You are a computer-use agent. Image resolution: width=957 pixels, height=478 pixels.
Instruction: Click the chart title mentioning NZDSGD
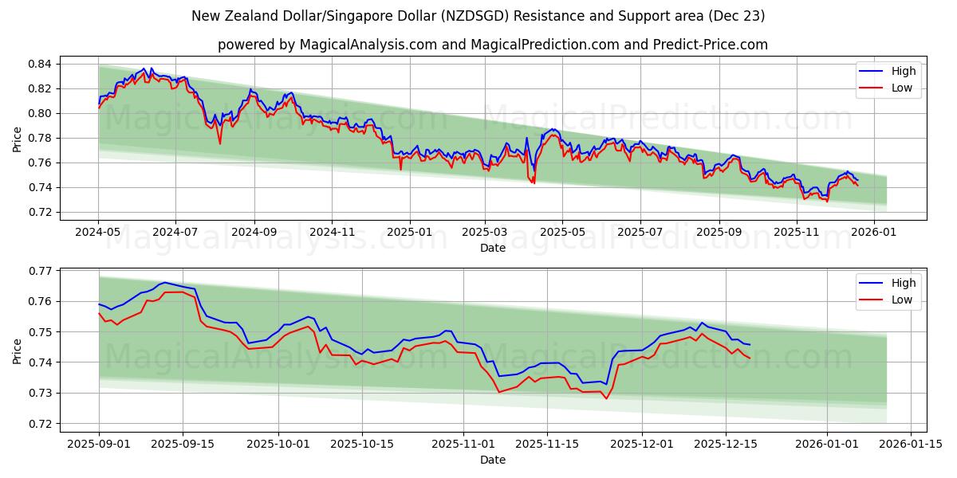tap(478, 16)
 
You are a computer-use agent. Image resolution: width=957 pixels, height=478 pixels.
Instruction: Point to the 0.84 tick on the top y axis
tap(40, 64)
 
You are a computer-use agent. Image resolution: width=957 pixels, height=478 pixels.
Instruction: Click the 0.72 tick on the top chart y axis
tap(40, 212)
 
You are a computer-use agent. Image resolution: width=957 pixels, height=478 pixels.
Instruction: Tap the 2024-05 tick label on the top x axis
tap(98, 232)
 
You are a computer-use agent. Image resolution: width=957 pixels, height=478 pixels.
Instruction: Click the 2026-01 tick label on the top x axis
tap(874, 232)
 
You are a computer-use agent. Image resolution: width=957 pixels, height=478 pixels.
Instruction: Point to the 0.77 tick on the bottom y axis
tap(40, 271)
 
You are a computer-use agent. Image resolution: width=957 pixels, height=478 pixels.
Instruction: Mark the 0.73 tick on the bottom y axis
tap(40, 393)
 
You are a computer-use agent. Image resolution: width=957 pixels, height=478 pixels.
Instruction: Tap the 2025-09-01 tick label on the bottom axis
tap(99, 444)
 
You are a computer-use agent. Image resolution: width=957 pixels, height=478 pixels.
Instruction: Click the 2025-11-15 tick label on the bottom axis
tap(546, 444)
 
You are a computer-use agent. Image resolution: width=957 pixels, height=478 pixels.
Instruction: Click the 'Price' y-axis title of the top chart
tap(18, 138)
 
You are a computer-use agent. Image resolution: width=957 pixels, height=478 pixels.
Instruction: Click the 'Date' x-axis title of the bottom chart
tap(492, 460)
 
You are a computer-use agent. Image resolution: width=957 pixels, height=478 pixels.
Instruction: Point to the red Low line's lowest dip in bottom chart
tap(606, 398)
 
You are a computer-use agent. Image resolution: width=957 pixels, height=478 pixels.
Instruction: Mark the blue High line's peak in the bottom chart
tap(163, 282)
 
